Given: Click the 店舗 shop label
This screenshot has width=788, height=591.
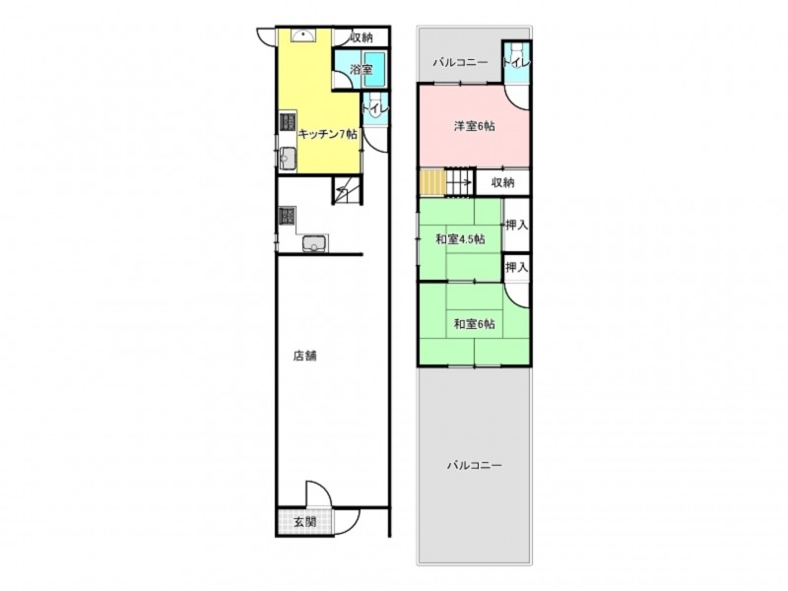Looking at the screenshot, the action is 304,357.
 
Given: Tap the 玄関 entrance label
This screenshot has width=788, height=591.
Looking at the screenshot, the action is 304,522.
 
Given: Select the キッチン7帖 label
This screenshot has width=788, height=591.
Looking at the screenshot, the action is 328,134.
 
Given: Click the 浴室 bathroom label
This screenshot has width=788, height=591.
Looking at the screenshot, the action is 361,69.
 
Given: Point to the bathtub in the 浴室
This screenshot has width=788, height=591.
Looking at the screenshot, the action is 374,70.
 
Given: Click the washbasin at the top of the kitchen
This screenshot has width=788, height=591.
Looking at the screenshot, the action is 303,34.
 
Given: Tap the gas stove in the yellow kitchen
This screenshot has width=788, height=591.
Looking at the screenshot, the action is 288,122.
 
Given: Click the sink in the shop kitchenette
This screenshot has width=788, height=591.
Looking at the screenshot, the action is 314,244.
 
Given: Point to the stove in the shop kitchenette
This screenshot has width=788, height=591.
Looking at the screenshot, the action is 288,217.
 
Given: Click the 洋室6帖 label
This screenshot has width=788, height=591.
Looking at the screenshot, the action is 475,126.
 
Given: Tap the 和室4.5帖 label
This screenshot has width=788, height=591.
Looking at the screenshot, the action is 460,239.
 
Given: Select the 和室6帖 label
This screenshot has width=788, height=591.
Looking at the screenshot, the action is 475,324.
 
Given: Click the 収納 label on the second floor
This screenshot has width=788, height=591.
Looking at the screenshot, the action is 502,182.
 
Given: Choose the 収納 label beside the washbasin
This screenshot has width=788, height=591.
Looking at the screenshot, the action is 361,37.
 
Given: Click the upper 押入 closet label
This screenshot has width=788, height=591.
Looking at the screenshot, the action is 516,226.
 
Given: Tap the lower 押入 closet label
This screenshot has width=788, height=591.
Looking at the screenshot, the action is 516,267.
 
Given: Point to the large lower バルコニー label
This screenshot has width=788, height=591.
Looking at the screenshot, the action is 475,465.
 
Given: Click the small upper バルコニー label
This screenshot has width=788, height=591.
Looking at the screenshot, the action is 460,63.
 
